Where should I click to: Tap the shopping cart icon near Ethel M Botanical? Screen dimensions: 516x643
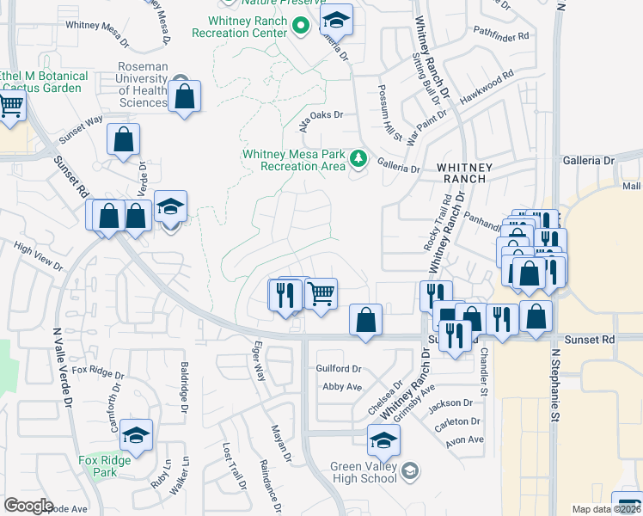[x=10, y=107]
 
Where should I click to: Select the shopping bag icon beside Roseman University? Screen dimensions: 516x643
[x=185, y=97]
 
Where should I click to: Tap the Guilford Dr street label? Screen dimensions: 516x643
[x=339, y=368]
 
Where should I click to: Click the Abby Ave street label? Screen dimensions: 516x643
[x=341, y=387]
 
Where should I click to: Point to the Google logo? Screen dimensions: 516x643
[x=28, y=506]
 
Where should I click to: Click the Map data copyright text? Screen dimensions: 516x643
[x=605, y=509]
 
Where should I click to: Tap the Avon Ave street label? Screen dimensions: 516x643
[x=465, y=439]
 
